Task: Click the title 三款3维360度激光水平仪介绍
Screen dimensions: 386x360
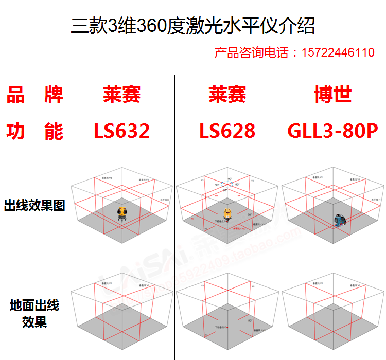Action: coord(192,25)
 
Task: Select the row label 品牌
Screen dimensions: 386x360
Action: coord(34,95)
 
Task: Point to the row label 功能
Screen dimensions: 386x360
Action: coord(34,131)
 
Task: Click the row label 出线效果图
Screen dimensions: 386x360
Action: coord(34,206)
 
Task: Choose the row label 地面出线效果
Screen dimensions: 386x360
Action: coord(34,314)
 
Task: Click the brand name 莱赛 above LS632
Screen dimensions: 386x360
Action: coord(121,95)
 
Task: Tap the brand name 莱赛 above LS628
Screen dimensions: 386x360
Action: coord(227,95)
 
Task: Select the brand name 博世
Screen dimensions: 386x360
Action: coord(332,95)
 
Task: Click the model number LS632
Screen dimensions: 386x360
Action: coord(121,131)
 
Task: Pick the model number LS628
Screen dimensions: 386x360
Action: coord(227,131)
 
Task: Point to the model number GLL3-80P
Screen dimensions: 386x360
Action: coord(332,131)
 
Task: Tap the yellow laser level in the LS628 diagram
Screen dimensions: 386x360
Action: coord(228,214)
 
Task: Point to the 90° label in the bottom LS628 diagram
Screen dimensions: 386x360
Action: coord(249,320)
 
